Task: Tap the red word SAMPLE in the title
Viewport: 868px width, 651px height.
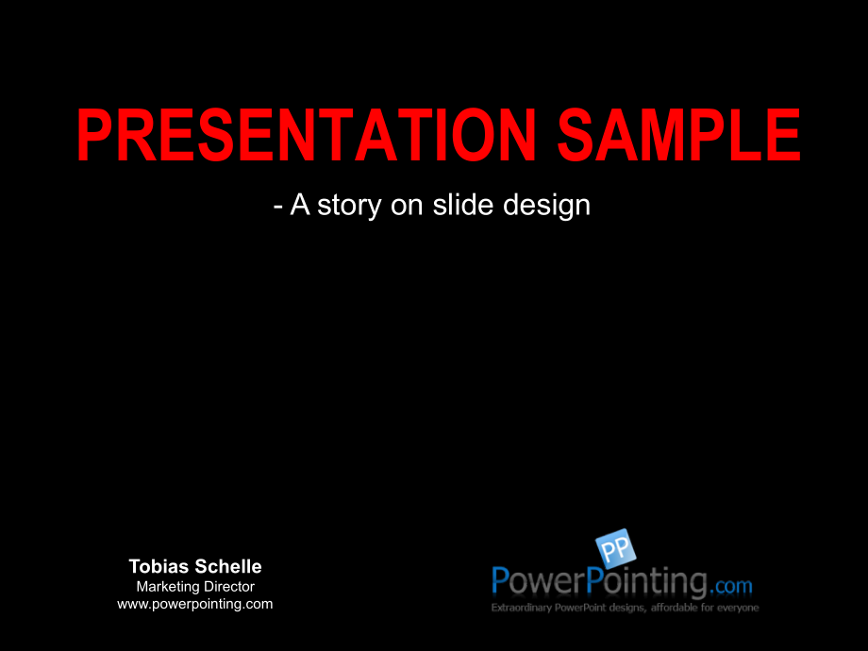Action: coord(679,135)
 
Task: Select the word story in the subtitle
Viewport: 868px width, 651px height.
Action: coord(349,206)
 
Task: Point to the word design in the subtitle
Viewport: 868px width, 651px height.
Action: coord(547,206)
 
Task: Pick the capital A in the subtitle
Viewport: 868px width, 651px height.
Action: coord(300,205)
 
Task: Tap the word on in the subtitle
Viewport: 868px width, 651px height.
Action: coord(407,207)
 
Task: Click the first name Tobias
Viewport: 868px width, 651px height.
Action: coord(159,566)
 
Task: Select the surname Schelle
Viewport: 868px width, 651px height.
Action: coord(228,566)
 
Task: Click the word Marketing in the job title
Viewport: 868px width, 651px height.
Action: coord(168,587)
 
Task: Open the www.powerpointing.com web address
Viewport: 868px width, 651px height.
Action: coord(195,604)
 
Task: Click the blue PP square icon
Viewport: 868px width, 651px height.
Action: coord(615,548)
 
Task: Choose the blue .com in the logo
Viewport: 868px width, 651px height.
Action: coord(732,586)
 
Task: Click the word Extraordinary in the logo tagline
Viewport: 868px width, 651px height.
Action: coord(521,608)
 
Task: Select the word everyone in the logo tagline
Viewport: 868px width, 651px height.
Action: coord(738,608)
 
